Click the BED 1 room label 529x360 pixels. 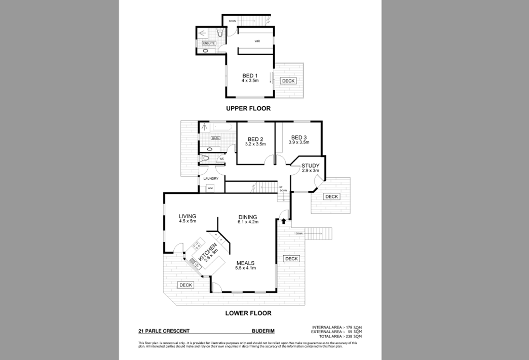pos(250,76)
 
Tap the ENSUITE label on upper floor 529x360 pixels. pos(209,44)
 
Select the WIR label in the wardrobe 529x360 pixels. pos(257,41)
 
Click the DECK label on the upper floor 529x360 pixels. pos(288,81)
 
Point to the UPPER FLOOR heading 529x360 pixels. pos(248,108)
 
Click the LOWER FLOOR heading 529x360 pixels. pos(248,313)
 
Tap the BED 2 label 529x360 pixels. pos(255,139)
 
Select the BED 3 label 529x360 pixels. pos(298,137)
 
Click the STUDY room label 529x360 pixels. pos(310,166)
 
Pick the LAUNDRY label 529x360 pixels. pos(210,179)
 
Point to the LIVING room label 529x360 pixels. pos(187,216)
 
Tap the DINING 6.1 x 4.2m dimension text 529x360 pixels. pos(248,222)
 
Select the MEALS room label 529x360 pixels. pos(245,263)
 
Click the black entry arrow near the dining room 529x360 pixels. pos(284,220)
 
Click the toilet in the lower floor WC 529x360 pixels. pos(204,158)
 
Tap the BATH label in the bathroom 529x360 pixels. pos(215,138)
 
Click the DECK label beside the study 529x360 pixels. pos(331,196)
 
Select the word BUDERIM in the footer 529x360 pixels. pos(263,331)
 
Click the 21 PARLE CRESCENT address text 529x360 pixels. pos(164,331)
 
